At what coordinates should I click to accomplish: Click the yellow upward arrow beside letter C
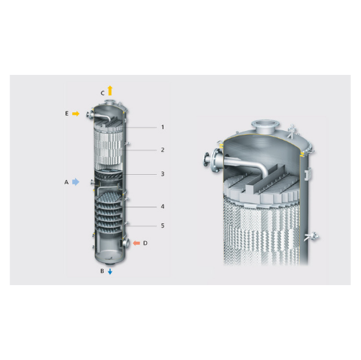pyautogui.click(x=110, y=91)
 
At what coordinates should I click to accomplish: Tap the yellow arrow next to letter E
pyautogui.click(x=76, y=114)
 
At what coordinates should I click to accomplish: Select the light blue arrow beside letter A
pyautogui.click(x=76, y=182)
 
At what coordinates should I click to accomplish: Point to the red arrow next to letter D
pyautogui.click(x=136, y=243)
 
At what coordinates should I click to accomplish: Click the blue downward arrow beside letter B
pyautogui.click(x=110, y=271)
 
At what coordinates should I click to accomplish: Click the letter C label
pyautogui.click(x=102, y=93)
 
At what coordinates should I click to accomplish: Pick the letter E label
pyautogui.click(x=67, y=114)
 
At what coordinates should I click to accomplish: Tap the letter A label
pyautogui.click(x=66, y=182)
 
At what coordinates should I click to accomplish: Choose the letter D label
pyautogui.click(x=145, y=243)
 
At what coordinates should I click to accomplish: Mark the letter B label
pyautogui.click(x=102, y=271)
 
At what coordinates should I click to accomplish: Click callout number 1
pyautogui.click(x=163, y=127)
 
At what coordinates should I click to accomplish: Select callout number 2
pyautogui.click(x=163, y=150)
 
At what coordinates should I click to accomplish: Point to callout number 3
pyautogui.click(x=163, y=174)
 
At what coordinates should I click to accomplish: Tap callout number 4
pyautogui.click(x=163, y=207)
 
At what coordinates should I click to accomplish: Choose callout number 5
pyautogui.click(x=163, y=225)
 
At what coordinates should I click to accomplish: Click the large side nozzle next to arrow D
pyautogui.click(x=125, y=243)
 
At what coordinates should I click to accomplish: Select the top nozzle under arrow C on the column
pyautogui.click(x=110, y=102)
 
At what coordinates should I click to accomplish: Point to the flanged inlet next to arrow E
pyautogui.click(x=89, y=114)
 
